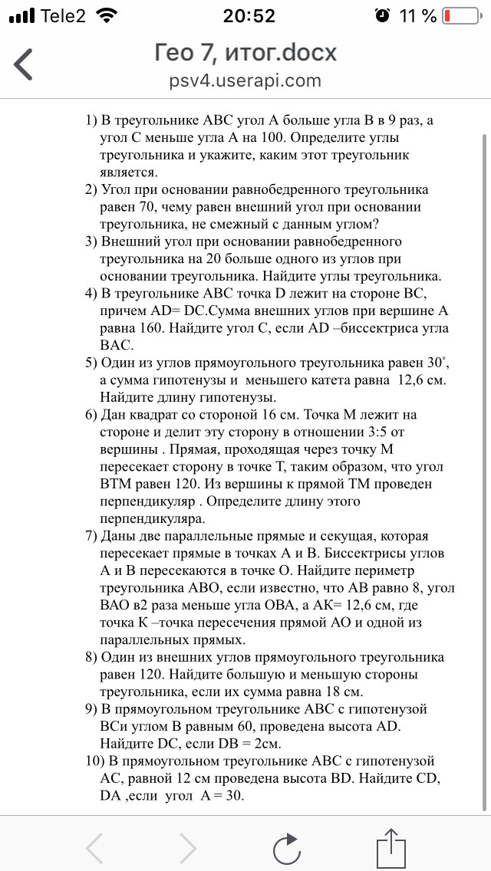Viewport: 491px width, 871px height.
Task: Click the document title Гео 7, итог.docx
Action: [x=245, y=53]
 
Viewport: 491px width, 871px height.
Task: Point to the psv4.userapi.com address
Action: [x=245, y=81]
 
